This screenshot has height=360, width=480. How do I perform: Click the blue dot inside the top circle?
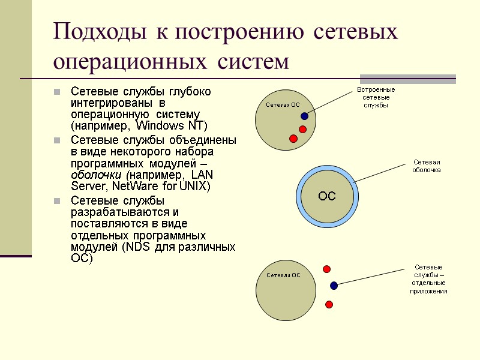(305, 116)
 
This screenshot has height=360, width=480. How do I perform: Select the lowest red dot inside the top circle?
(293, 139)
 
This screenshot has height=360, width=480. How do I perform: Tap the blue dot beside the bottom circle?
(334, 286)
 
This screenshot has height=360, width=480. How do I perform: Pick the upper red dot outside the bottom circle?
(327, 269)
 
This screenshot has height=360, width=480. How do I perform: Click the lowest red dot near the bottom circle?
(329, 305)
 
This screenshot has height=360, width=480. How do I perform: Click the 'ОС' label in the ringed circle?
(327, 196)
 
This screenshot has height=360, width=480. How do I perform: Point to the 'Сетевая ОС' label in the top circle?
(283, 105)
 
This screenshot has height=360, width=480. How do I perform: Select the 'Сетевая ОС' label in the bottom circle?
(283, 275)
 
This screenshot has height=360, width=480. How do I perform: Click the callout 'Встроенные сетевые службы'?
(376, 97)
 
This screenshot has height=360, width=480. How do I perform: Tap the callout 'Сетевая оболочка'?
(427, 166)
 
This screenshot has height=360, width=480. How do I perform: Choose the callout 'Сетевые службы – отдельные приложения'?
(428, 279)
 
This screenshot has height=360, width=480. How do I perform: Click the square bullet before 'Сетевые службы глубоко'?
(57, 92)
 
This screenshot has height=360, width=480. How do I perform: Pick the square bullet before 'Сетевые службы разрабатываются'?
(57, 201)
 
